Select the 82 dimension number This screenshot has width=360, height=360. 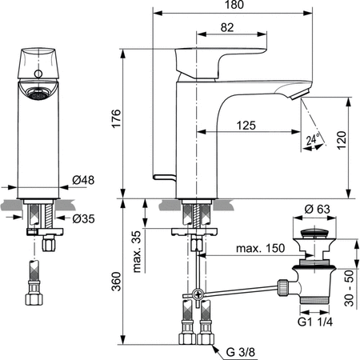[x=227, y=29]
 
